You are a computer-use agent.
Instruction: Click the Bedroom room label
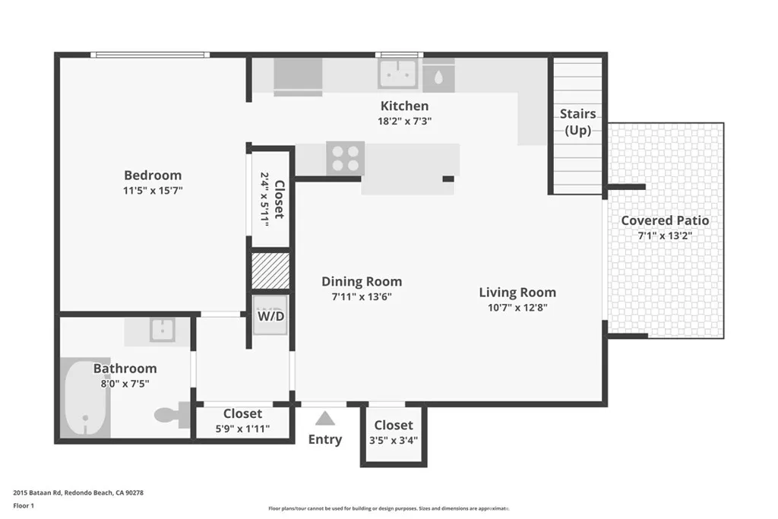153,175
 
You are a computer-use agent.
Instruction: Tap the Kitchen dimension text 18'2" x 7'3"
405,121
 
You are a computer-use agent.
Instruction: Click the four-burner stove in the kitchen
344,158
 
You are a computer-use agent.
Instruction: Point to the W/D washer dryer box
270,315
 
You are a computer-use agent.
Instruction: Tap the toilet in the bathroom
168,415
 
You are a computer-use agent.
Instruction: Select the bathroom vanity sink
163,330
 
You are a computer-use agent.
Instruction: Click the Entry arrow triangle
325,418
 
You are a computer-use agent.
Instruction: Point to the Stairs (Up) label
577,122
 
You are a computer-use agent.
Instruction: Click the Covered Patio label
665,220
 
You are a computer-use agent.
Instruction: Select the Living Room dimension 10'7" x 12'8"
517,308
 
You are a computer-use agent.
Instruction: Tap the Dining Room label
362,281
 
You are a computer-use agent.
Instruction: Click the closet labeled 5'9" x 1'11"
242,421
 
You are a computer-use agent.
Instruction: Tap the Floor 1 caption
26,506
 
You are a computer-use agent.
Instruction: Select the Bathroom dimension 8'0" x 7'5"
125,384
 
